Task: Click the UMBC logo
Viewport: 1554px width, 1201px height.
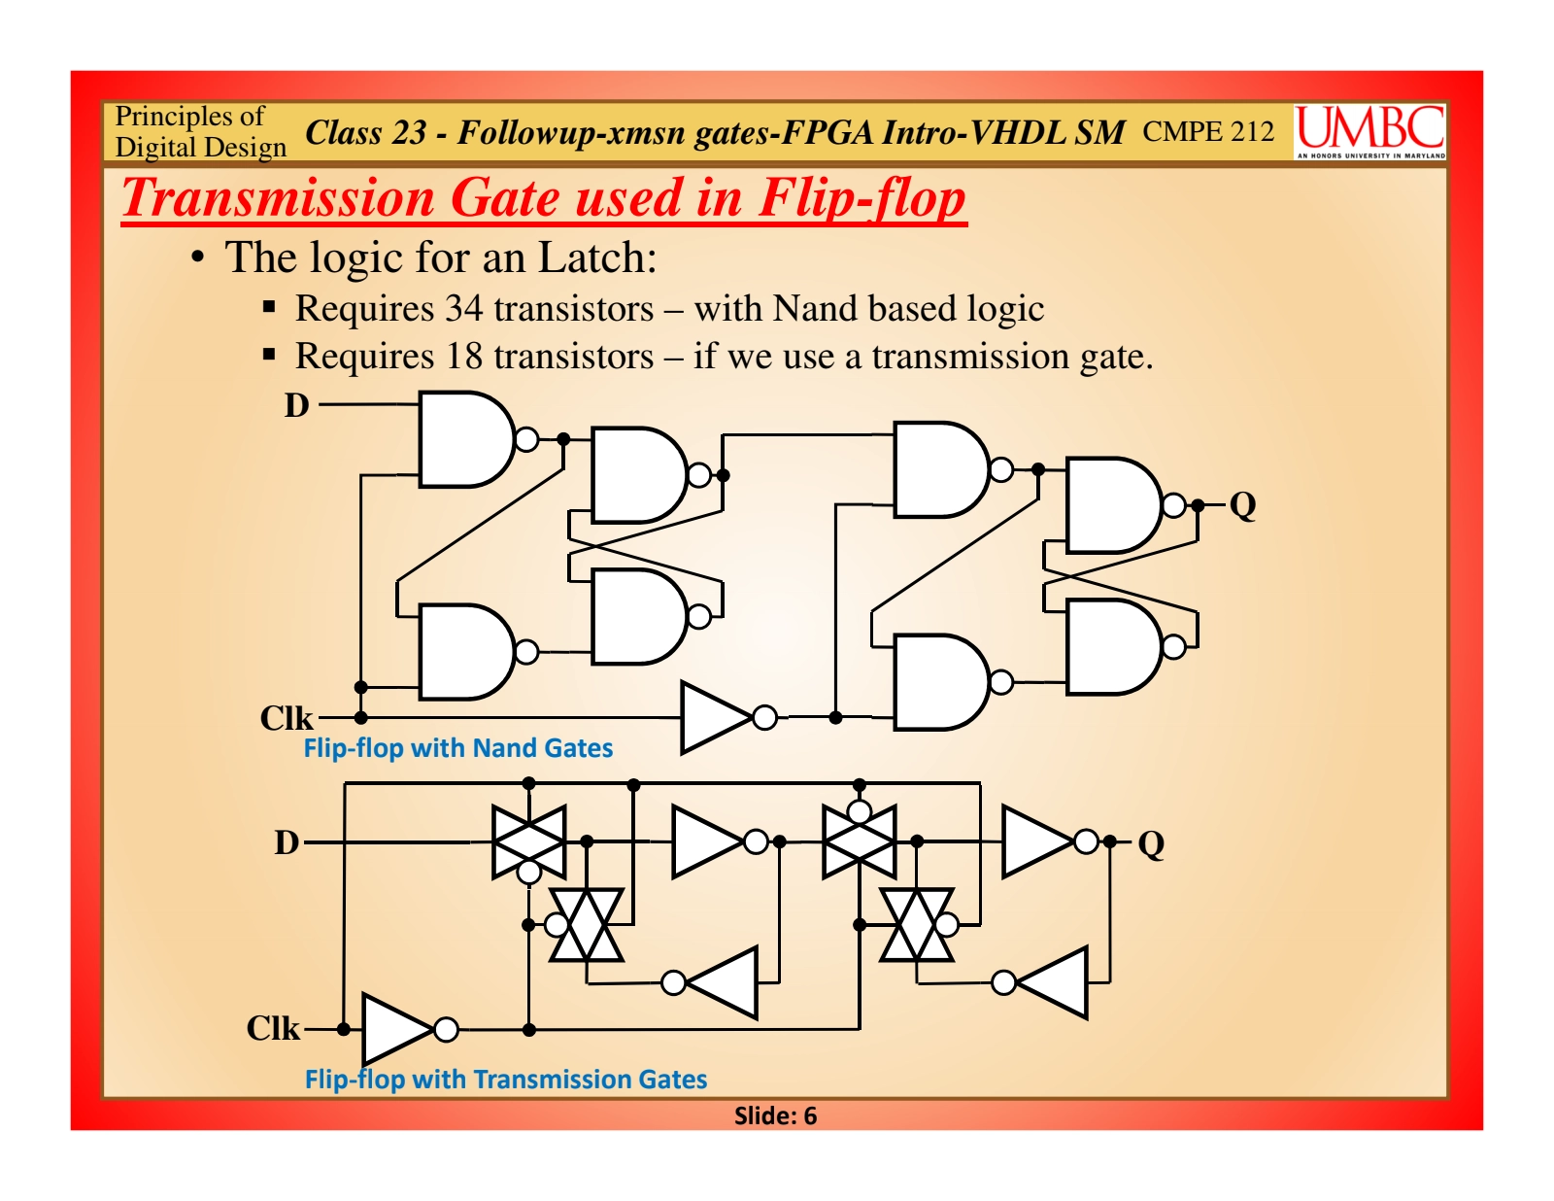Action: [1369, 131]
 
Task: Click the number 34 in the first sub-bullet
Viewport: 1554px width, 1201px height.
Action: [463, 309]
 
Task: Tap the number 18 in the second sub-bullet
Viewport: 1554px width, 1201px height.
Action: [463, 357]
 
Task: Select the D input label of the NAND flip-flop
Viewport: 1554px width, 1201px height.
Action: [296, 405]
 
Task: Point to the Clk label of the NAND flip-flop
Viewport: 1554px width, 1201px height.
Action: [287, 719]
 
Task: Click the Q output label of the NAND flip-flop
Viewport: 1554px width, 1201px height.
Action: [1242, 505]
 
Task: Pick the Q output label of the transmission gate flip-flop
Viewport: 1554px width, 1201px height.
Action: [1151, 843]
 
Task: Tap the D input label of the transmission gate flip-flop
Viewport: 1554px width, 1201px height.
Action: [287, 842]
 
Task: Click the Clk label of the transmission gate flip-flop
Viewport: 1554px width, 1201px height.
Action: [273, 1028]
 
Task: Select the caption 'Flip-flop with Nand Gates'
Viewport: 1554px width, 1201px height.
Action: [457, 748]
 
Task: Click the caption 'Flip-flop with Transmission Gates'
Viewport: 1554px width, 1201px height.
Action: [505, 1080]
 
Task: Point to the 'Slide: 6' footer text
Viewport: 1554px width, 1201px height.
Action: [775, 1115]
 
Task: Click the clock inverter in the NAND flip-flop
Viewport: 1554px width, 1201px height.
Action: [719, 718]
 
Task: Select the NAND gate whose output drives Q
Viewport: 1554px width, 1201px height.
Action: [1113, 505]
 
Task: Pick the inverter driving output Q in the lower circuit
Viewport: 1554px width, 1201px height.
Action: [1039, 841]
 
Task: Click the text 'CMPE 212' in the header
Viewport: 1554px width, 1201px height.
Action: [1207, 131]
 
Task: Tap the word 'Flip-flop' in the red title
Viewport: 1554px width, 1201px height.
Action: [861, 198]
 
